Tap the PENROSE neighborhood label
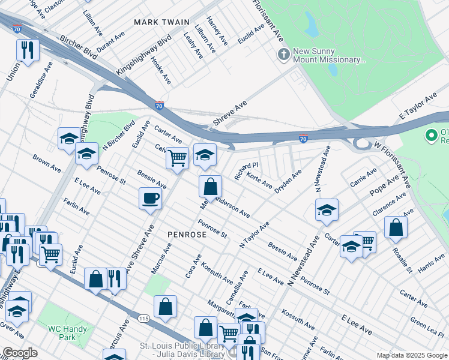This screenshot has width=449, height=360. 187,235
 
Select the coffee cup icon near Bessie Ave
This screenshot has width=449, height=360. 150,198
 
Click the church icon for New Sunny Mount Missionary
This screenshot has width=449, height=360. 283,55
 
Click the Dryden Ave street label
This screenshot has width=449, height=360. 288,181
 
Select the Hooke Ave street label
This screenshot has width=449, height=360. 161,70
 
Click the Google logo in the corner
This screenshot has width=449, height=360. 20,353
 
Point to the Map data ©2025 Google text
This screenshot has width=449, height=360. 411,355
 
